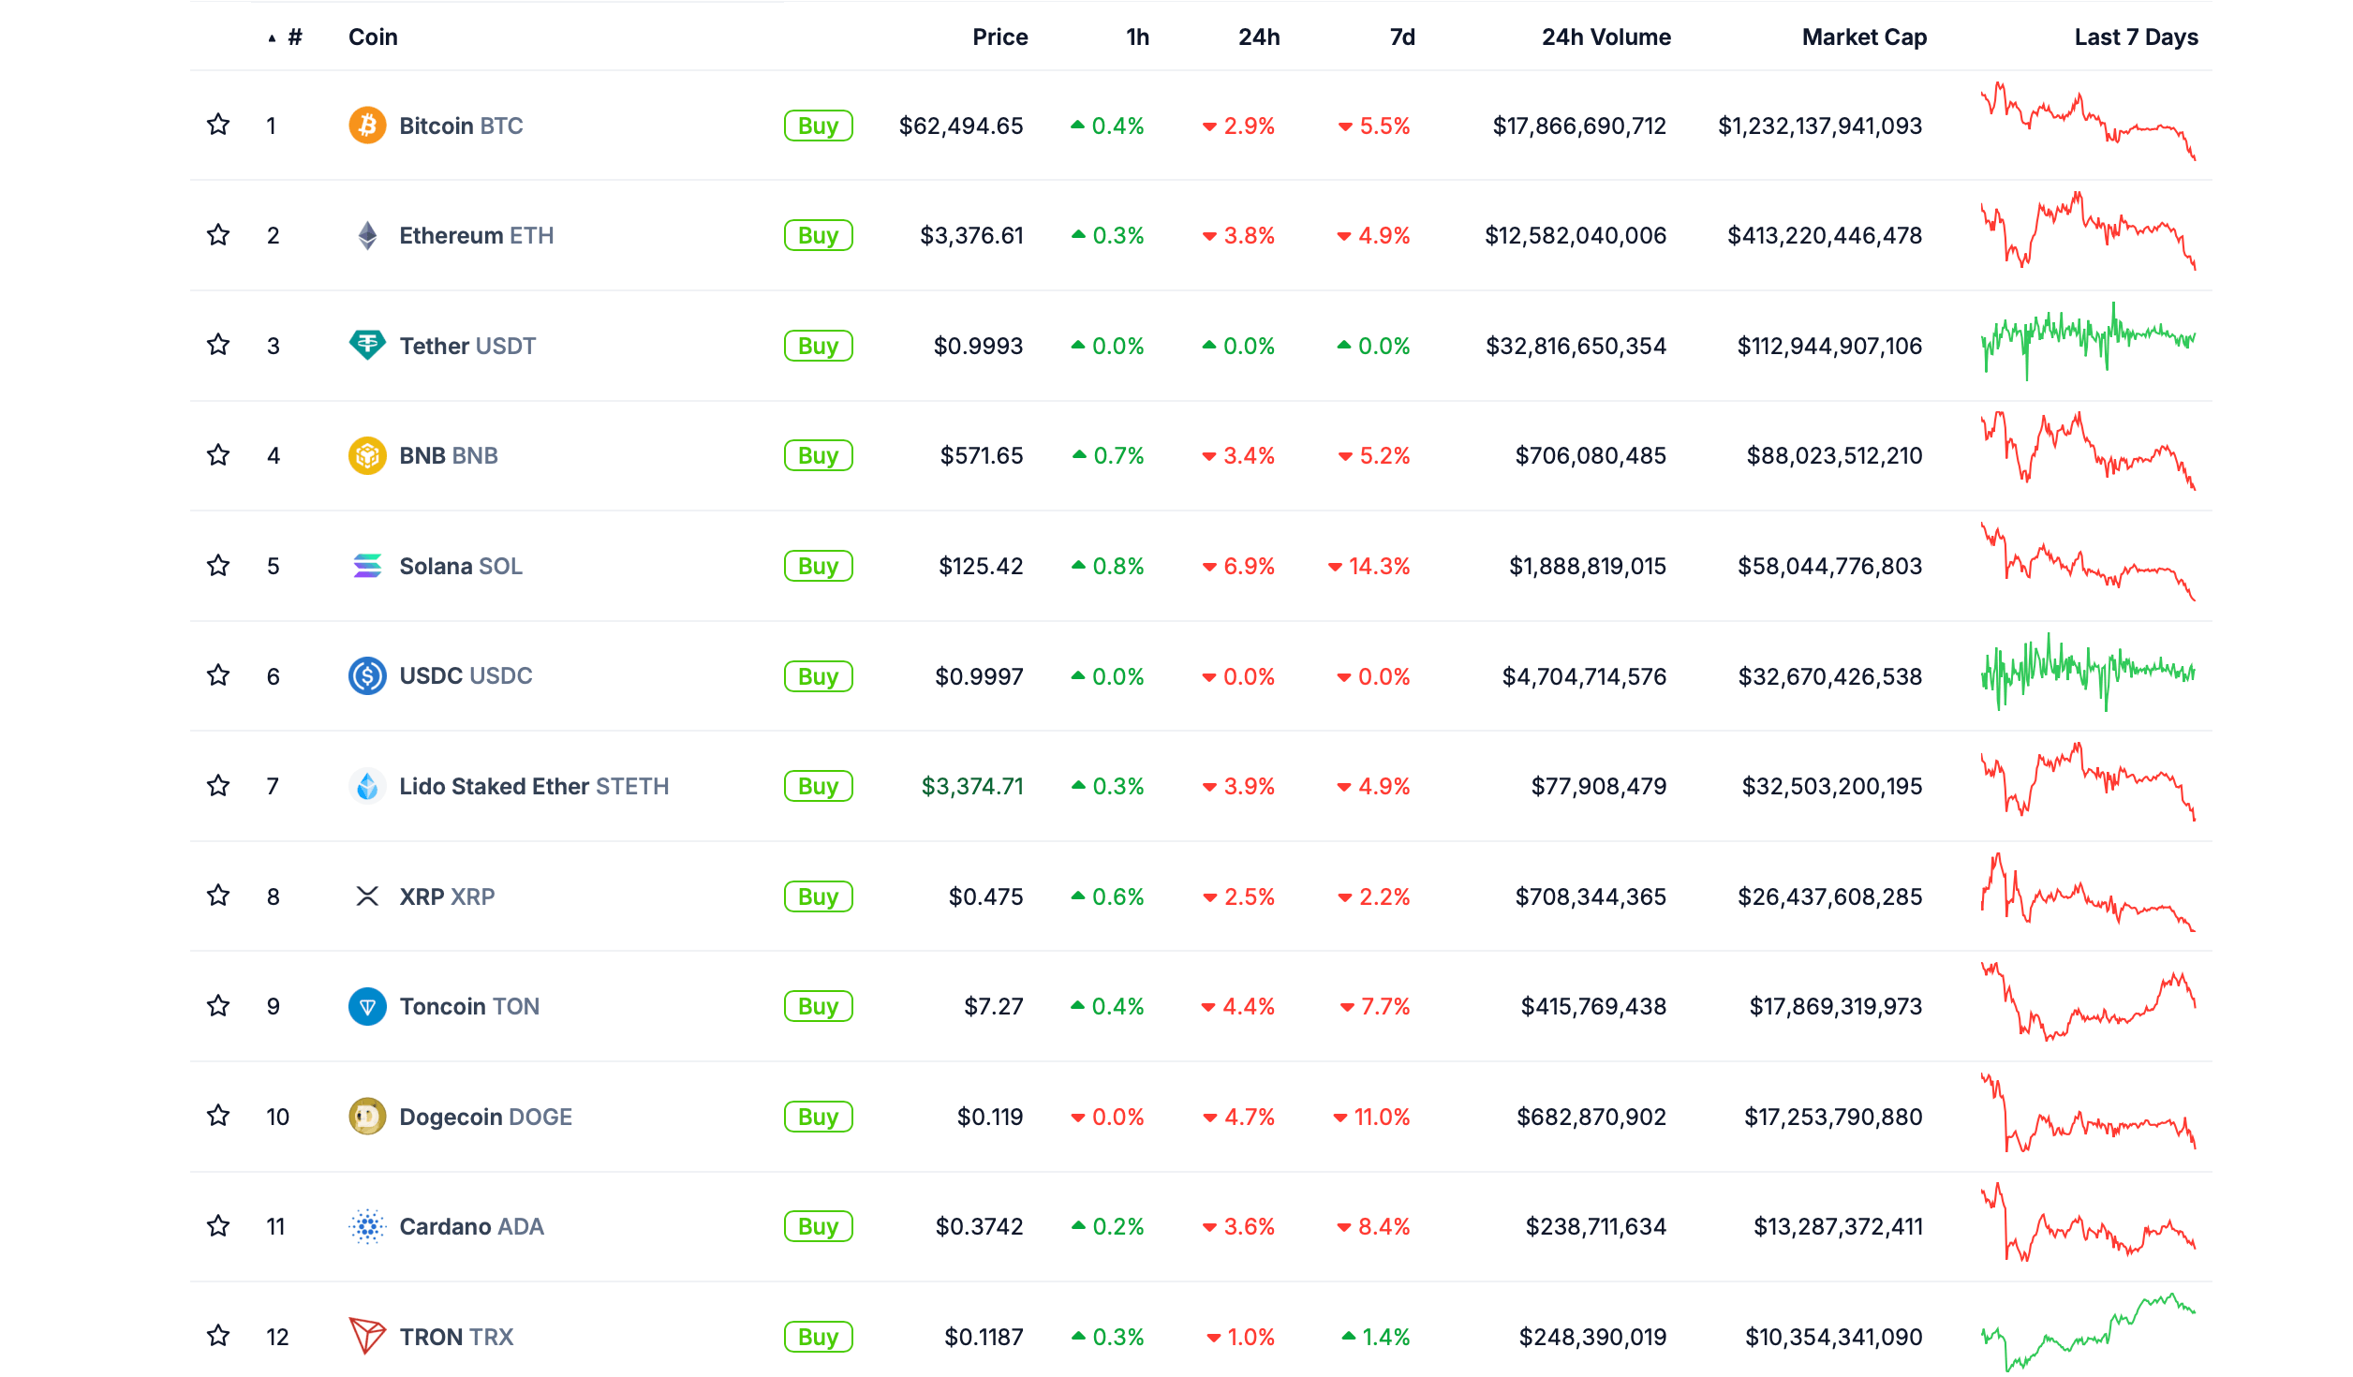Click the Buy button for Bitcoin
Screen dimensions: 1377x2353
(x=818, y=126)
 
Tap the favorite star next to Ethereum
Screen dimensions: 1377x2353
(x=218, y=235)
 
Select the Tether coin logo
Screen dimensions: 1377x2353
(x=367, y=346)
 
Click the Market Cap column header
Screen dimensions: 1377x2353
(x=1864, y=37)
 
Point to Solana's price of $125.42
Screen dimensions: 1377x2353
(x=981, y=566)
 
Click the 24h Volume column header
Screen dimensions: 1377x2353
(x=1606, y=37)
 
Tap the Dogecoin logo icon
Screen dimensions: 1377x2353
(x=367, y=1117)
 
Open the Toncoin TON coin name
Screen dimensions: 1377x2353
(x=469, y=1006)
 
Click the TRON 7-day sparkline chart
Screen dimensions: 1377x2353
(x=2088, y=1334)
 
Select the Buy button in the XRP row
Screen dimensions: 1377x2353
(x=818, y=896)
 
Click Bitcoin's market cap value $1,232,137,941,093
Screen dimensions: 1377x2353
(x=1819, y=126)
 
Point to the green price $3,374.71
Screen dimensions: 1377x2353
(x=972, y=786)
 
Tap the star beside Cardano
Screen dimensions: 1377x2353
(x=218, y=1226)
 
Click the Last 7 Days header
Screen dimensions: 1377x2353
(x=2136, y=37)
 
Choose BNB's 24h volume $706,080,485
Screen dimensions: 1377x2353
(x=1591, y=455)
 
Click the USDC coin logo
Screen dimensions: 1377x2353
(x=367, y=675)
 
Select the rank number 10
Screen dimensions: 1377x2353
(x=277, y=1117)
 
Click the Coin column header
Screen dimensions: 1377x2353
(x=373, y=37)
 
